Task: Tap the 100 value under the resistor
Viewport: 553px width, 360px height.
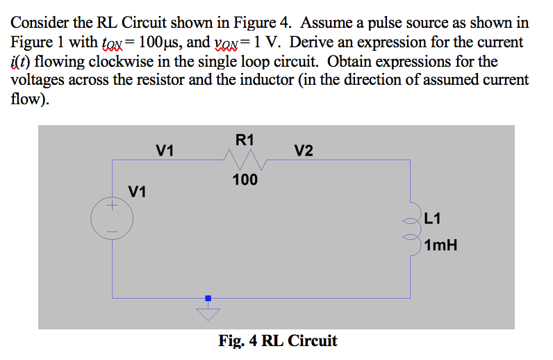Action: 245,181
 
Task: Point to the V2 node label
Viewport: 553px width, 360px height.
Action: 303,151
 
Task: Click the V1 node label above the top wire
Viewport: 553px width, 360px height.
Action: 165,151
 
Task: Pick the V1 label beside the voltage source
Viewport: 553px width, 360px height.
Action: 138,191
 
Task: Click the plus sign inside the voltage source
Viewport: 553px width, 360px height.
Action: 109,206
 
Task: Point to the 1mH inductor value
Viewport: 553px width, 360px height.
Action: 440,245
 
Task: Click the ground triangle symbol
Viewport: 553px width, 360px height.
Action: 207,313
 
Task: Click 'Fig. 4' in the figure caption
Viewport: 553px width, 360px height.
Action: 238,341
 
